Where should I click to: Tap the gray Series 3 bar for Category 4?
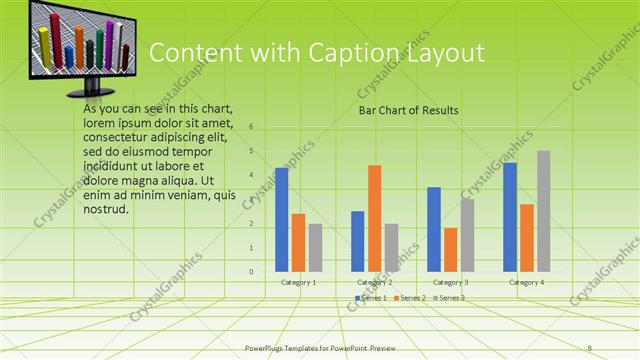pyautogui.click(x=543, y=211)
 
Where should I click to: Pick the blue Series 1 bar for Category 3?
pyautogui.click(x=434, y=229)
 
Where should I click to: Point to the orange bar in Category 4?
pyautogui.click(x=526, y=238)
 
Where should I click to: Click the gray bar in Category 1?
pyautogui.click(x=315, y=247)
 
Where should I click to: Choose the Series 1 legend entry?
pyautogui.click(x=371, y=298)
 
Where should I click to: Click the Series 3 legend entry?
pyautogui.click(x=448, y=298)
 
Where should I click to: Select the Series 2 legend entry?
pyautogui.click(x=410, y=298)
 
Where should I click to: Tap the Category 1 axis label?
pyautogui.click(x=298, y=283)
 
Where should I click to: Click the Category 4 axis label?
pyautogui.click(x=526, y=283)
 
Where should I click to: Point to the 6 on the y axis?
pyautogui.click(x=251, y=127)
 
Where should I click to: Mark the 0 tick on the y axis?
pyautogui.click(x=251, y=272)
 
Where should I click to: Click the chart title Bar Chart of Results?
pyautogui.click(x=408, y=110)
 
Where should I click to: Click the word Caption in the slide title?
pyautogui.click(x=323, y=53)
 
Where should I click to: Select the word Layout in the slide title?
pyautogui.click(x=435, y=53)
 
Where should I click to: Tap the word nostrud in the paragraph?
pyautogui.click(x=107, y=209)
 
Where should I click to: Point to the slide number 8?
pyautogui.click(x=590, y=347)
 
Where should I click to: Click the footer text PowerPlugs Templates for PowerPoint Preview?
pyautogui.click(x=327, y=348)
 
